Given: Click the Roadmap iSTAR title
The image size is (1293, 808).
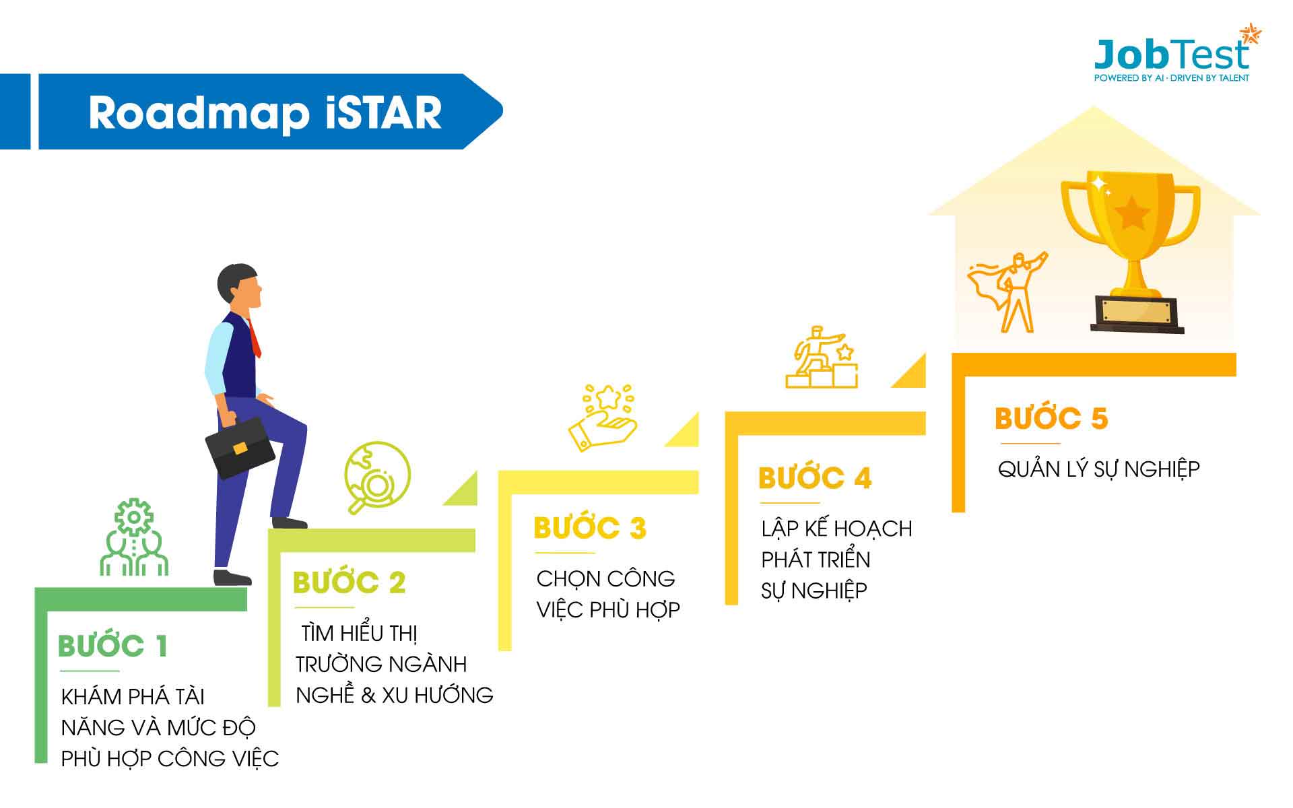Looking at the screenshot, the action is click(x=265, y=112).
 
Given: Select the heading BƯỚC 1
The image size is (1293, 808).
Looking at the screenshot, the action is click(x=112, y=646).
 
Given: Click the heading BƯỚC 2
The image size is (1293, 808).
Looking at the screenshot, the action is click(x=350, y=582).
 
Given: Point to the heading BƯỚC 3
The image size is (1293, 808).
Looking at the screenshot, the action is click(x=590, y=528).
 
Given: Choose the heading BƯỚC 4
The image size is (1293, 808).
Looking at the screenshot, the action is click(x=815, y=478).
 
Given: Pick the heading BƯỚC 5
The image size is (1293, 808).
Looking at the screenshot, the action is click(x=1051, y=418).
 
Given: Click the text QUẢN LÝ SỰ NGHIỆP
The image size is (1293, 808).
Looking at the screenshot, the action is click(x=1099, y=469).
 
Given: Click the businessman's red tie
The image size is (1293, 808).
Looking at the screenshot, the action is click(x=254, y=338).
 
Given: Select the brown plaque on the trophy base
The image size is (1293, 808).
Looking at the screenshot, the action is click(x=1137, y=312).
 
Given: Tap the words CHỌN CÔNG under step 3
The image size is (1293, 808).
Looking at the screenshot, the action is click(x=605, y=578).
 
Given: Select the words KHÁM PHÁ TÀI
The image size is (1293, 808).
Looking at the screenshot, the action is click(x=133, y=696).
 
